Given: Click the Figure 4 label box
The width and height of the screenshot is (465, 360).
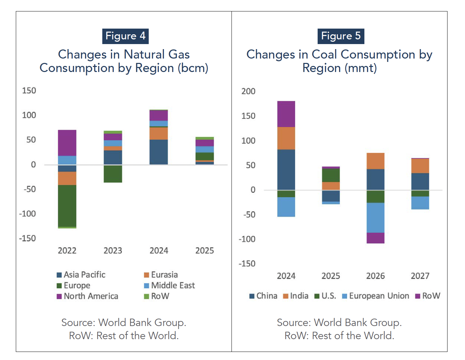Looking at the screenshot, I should [x=125, y=36].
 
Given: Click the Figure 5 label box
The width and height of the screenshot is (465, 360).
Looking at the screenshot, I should [x=341, y=36].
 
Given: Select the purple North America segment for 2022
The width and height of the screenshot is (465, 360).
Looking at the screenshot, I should [x=67, y=143].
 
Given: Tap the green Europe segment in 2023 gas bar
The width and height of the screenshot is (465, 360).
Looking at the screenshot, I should [x=113, y=174].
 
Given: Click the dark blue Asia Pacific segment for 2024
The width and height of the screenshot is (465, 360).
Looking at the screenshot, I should [x=158, y=152].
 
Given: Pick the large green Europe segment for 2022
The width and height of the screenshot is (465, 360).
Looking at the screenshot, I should [x=67, y=206].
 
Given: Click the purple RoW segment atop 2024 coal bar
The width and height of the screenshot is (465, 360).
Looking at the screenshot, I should [x=286, y=114].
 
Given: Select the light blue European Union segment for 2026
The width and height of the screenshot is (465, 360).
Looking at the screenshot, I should [x=375, y=217].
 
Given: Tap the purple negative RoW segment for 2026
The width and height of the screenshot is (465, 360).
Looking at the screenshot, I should [x=375, y=238].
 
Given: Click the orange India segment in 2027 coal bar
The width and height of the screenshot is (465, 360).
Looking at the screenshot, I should [x=420, y=166].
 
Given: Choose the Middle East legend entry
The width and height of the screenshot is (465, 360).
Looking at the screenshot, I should [x=169, y=285].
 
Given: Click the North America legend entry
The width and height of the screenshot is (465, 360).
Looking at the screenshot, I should [x=87, y=296].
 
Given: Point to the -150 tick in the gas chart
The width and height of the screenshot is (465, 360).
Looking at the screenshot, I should [x=28, y=238].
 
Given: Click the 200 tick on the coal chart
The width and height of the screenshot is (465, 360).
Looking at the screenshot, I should [x=248, y=91].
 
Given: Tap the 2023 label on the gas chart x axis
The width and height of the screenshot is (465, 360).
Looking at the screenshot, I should [x=113, y=251].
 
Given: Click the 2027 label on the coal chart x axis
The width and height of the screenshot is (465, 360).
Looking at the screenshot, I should [x=420, y=276].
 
